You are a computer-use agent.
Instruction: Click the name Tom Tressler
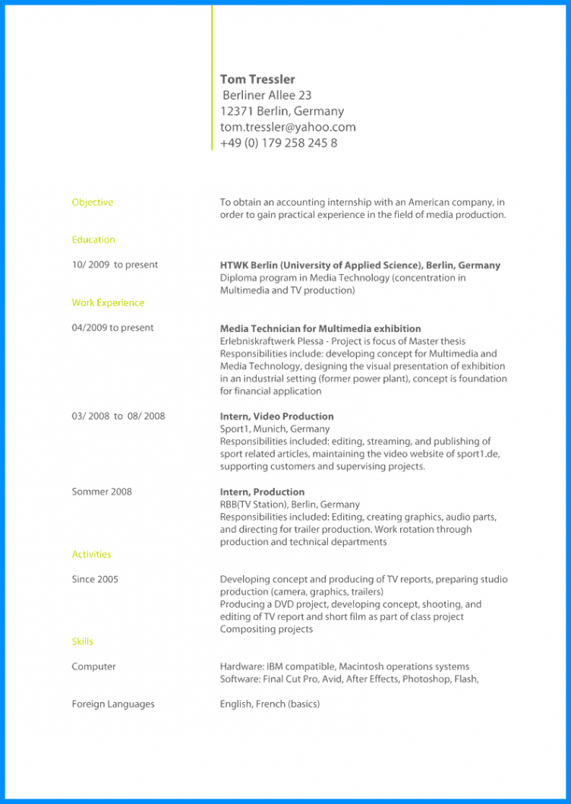[x=257, y=79]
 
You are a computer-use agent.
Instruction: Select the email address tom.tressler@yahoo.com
[x=288, y=127]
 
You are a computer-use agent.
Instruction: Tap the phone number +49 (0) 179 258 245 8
[x=279, y=143]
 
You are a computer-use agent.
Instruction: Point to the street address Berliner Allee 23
[x=267, y=95]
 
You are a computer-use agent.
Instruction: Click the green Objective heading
[x=93, y=202]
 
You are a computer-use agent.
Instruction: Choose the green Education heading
[x=93, y=239]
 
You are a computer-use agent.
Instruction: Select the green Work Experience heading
[x=108, y=302]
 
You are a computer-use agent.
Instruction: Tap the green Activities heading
[x=91, y=554]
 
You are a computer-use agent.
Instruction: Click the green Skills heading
[x=83, y=641]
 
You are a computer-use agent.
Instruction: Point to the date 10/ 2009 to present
[x=115, y=264]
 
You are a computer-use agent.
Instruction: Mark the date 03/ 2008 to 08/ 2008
[x=118, y=416]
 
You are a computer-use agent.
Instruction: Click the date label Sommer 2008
[x=102, y=492]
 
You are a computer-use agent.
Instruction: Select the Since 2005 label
[x=95, y=579]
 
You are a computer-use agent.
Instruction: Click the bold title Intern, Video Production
[x=276, y=416]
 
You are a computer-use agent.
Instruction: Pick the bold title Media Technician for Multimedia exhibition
[x=320, y=328]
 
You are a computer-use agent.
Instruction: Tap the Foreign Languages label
[x=113, y=704]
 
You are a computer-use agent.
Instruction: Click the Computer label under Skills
[x=94, y=666]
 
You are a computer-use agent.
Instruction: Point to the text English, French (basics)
[x=270, y=704]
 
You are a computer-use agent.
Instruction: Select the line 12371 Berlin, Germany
[x=282, y=111]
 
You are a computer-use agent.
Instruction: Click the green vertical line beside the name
[x=212, y=76]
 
